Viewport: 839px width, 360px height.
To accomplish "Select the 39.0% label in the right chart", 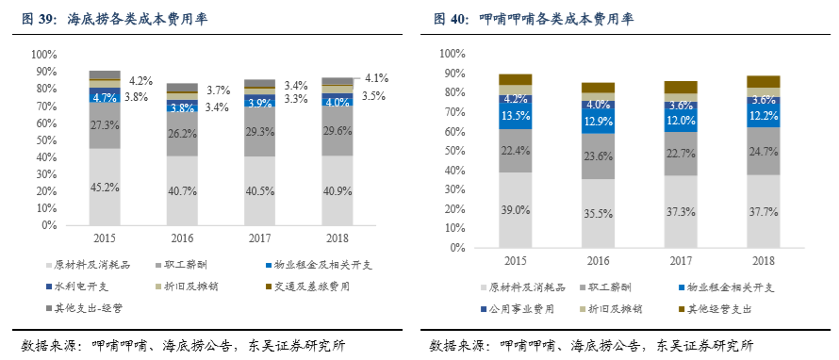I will (515, 209).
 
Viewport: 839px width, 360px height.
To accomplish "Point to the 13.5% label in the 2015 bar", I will (515, 116).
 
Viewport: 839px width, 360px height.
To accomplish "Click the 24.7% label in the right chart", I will (764, 150).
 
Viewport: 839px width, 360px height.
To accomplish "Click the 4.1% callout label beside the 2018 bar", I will (377, 78).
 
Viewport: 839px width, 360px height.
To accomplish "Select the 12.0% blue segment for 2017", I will (681, 121).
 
